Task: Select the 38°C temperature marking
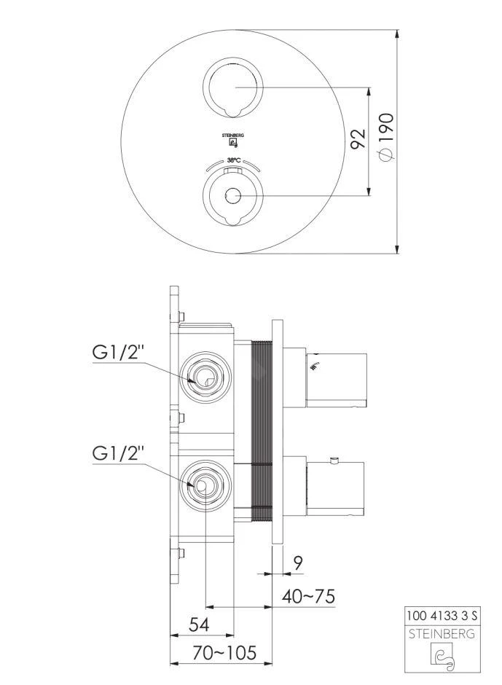pos(233,160)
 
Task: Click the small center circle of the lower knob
pos(233,195)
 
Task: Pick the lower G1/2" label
pos(119,453)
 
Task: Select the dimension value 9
pos(298,563)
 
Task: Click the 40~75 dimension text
pos(308,596)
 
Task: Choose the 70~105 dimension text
pos(225,653)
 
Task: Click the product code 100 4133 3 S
pos(442,616)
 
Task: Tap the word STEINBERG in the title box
pos(442,633)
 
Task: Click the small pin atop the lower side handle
pos(334,460)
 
